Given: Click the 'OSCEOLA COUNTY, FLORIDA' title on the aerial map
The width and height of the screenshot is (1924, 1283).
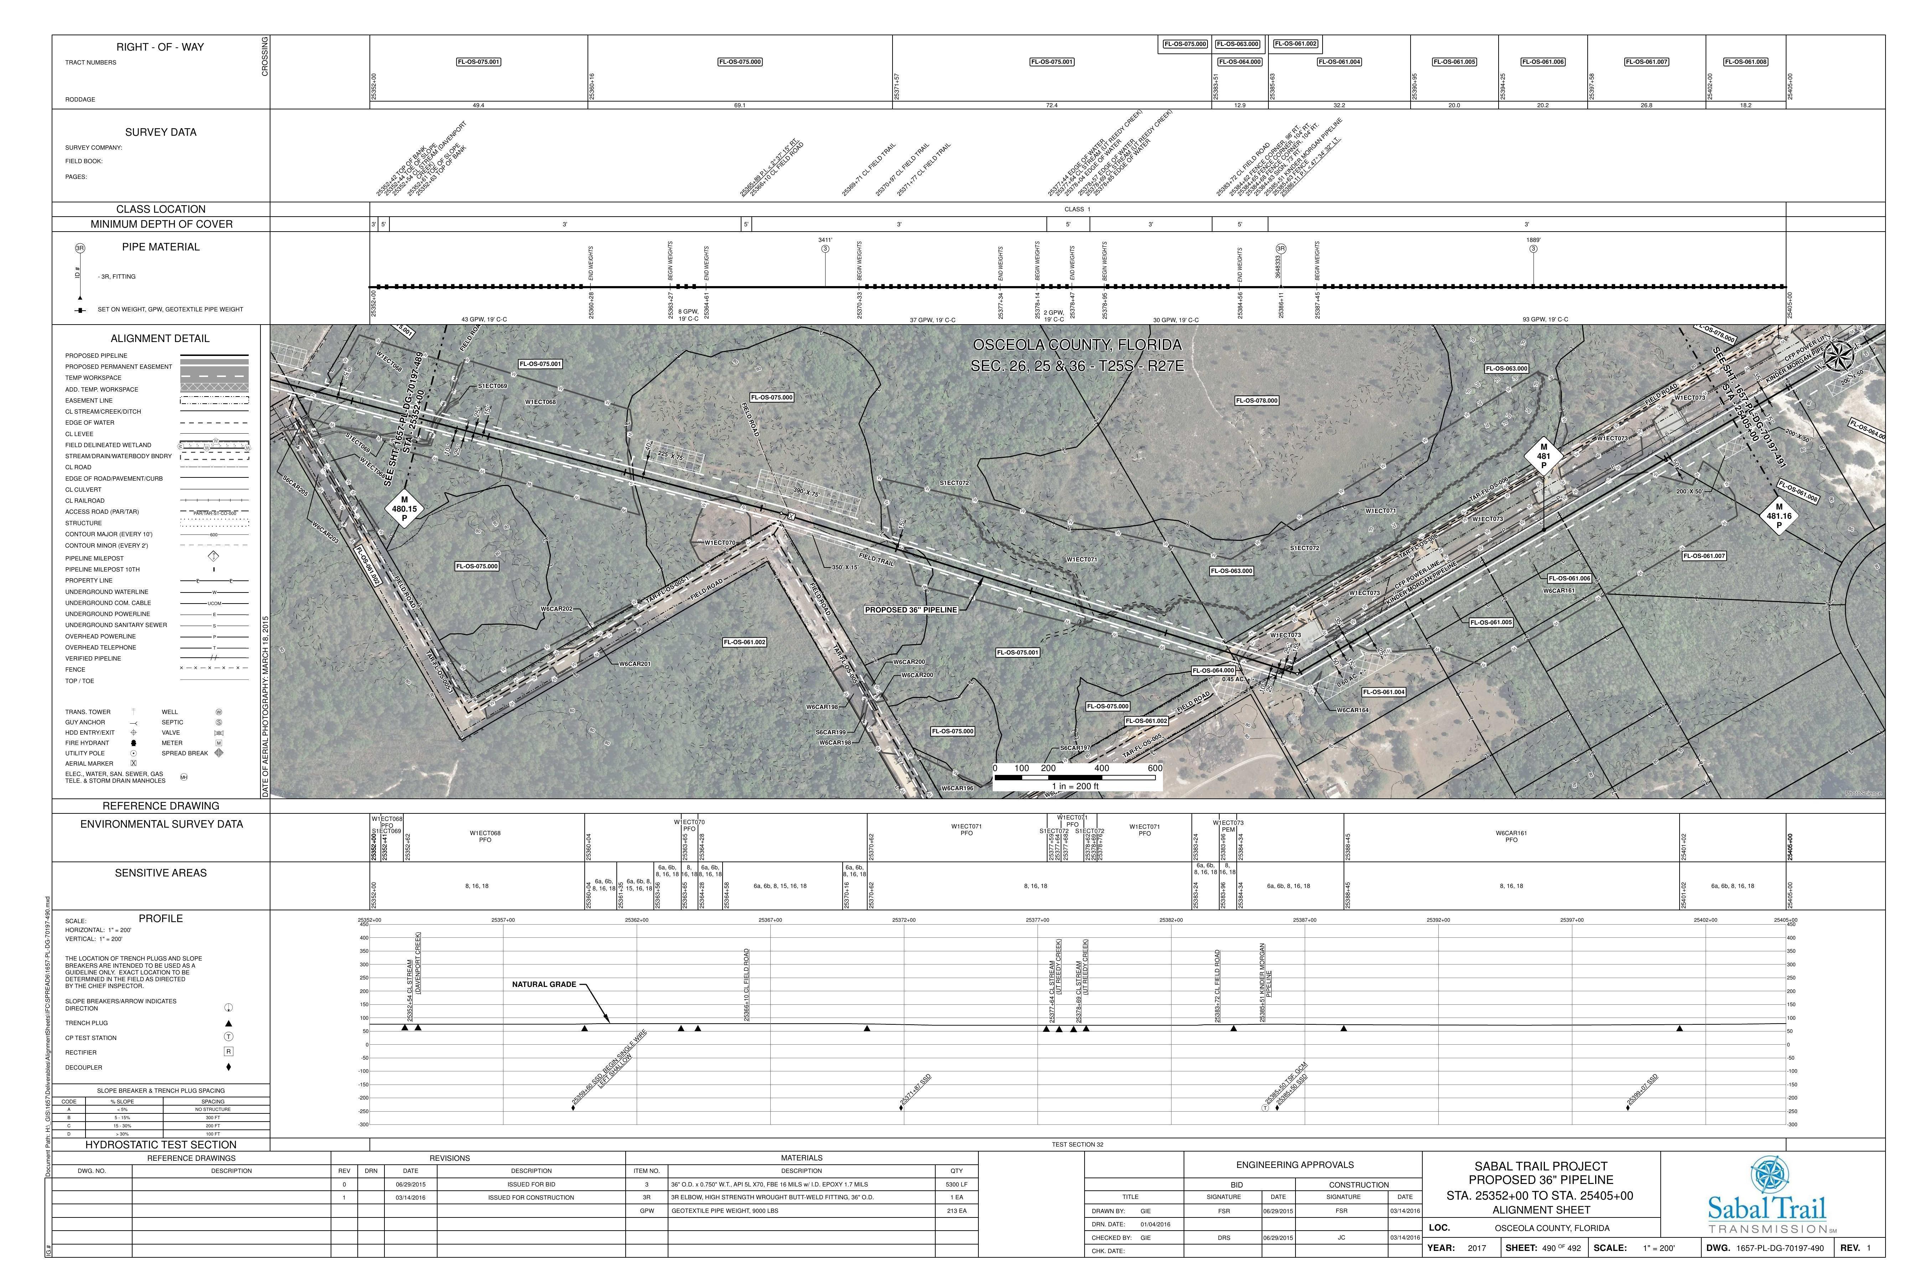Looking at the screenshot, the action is pyautogui.click(x=1076, y=345).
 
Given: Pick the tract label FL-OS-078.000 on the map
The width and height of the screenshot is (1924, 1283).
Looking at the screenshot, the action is pyautogui.click(x=1257, y=401).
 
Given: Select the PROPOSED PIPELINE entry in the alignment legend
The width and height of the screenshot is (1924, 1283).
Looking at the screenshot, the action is pyautogui.click(x=97, y=356).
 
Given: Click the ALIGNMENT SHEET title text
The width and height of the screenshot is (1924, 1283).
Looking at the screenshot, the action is pyautogui.click(x=1541, y=1210).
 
